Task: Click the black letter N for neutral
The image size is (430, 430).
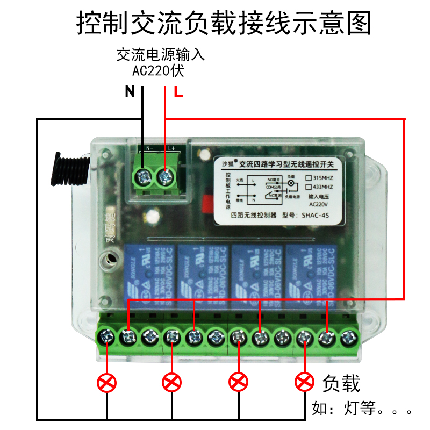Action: (130, 92)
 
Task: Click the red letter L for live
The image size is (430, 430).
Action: (178, 92)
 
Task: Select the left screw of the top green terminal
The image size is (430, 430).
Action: (143, 175)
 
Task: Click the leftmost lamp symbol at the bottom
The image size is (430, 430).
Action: (106, 383)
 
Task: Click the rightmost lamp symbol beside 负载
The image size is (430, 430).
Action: (304, 383)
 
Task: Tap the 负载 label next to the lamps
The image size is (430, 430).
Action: (341, 383)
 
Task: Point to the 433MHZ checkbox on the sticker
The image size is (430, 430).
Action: (309, 187)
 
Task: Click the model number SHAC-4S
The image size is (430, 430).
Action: (316, 215)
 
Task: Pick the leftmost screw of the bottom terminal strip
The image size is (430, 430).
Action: (105, 337)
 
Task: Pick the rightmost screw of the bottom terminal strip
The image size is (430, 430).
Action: (349, 337)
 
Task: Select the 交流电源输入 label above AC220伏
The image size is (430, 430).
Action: (161, 55)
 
